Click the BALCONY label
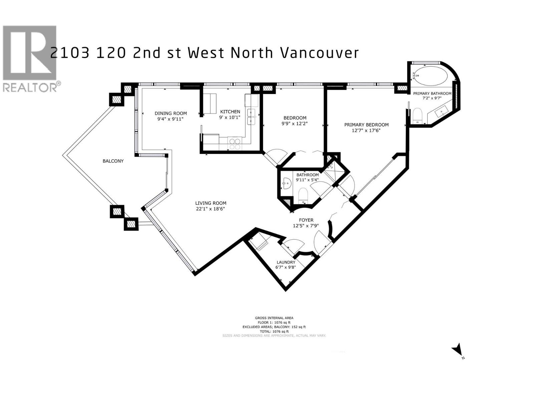point(113,161)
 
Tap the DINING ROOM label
point(171,113)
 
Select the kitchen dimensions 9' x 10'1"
point(230,117)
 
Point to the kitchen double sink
point(251,117)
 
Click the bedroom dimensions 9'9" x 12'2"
point(295,123)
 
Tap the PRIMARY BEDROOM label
point(366,125)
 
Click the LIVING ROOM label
point(211,203)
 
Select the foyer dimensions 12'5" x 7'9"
point(306,226)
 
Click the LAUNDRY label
point(285,262)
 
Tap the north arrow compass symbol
point(457,350)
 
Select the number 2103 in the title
point(70,53)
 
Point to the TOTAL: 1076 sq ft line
point(274,331)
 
